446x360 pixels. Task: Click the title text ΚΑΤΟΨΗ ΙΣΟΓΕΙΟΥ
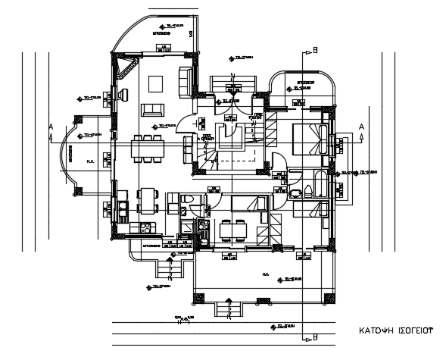click(395, 331)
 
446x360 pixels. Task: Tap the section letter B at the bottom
click(315, 337)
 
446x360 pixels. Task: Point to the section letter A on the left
click(51, 126)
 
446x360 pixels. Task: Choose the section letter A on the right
click(362, 126)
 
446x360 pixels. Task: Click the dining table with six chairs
click(147, 149)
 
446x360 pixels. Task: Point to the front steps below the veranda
click(225, 308)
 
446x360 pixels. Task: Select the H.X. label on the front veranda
click(266, 274)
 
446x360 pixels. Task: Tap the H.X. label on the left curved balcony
click(89, 161)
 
